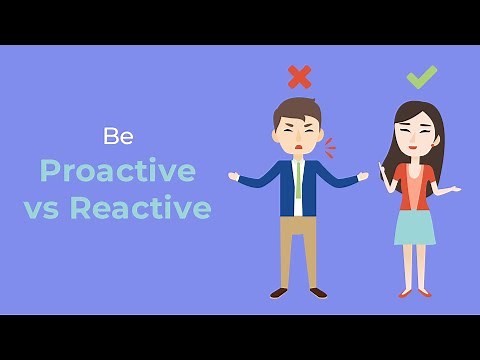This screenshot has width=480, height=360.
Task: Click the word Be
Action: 118,136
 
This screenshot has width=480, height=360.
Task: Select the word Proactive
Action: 117,171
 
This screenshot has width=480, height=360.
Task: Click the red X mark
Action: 299,76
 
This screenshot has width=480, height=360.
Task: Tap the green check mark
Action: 421,76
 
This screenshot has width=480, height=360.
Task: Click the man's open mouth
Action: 297,147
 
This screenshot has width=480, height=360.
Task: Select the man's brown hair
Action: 297,108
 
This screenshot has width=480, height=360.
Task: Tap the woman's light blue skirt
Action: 414,227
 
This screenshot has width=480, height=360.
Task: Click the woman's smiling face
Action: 413,132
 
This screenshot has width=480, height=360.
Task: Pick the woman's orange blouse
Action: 414,185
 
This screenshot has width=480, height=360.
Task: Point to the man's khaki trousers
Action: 298,245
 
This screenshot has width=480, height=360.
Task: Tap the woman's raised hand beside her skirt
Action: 452,189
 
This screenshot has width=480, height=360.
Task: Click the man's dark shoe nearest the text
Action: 279,293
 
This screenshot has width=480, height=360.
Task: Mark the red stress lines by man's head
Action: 329,147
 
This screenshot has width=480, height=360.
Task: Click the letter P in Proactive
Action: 50,171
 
